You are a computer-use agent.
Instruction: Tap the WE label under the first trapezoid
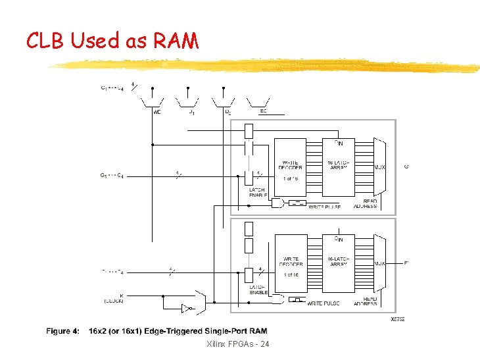[x=156, y=112]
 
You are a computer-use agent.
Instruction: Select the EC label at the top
[x=262, y=111]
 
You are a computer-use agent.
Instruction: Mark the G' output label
[x=406, y=167]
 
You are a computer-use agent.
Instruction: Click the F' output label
[x=406, y=263]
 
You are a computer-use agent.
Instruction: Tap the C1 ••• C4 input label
[x=112, y=88]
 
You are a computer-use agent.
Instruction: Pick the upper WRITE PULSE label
[x=324, y=207]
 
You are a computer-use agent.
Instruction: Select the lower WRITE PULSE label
[x=324, y=304]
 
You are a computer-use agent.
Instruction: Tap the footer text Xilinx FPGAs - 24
[x=237, y=345]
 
